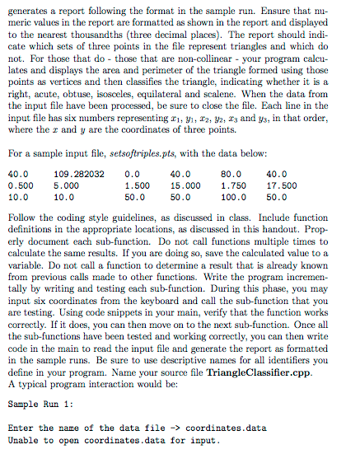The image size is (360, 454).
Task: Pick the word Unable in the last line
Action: click(23, 440)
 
